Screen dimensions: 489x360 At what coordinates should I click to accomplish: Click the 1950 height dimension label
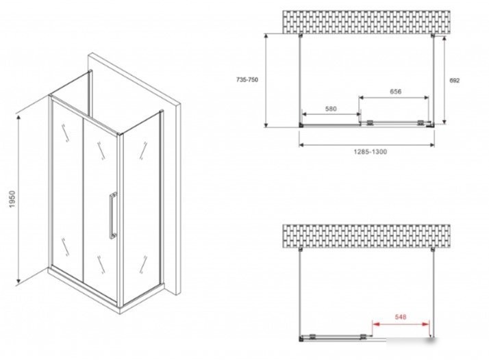click(x=12, y=199)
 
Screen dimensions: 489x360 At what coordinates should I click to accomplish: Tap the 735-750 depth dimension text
click(x=247, y=80)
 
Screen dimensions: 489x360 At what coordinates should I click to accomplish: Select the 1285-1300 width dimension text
click(x=371, y=152)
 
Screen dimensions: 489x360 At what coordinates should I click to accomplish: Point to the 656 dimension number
click(x=395, y=92)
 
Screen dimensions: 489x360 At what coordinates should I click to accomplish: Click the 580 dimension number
click(x=331, y=109)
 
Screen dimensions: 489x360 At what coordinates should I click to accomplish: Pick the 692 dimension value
click(x=454, y=80)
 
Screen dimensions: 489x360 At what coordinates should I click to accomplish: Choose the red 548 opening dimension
click(x=401, y=317)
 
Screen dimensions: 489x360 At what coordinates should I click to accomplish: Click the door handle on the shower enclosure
click(x=112, y=216)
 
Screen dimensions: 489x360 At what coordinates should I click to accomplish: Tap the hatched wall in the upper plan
click(x=366, y=22)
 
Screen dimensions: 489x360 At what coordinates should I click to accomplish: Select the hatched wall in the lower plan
click(x=366, y=236)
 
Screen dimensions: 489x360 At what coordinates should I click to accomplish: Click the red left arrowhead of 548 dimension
click(x=376, y=324)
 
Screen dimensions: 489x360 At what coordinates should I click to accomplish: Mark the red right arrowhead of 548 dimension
click(x=426, y=324)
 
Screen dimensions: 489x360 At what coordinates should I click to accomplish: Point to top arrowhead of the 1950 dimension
click(x=18, y=118)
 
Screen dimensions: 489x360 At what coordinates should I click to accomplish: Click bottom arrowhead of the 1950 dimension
click(x=18, y=281)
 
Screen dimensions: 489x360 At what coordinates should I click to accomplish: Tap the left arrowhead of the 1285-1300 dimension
click(x=302, y=144)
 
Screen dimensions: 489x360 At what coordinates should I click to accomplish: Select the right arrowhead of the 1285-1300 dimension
click(x=431, y=144)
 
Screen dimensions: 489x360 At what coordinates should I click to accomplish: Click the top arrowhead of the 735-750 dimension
click(x=266, y=36)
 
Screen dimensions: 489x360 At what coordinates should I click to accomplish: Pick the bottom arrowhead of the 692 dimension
click(x=444, y=121)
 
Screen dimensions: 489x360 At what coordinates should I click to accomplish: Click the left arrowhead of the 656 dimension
click(x=362, y=98)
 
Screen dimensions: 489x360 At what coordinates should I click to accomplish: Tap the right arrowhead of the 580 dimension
click(x=358, y=115)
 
